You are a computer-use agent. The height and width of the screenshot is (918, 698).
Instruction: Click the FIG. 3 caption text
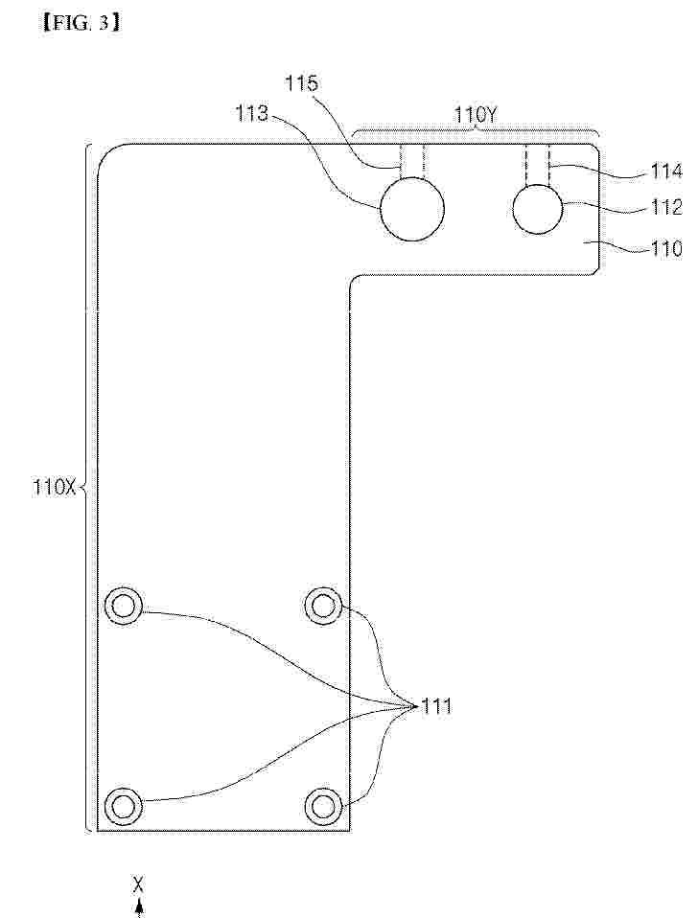[x=81, y=22]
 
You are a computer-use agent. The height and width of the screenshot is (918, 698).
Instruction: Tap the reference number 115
[x=301, y=83]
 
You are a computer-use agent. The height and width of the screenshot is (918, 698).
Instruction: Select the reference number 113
[x=252, y=114]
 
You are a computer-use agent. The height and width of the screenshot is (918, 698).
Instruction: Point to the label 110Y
[x=477, y=115]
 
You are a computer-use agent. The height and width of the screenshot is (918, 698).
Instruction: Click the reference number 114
[x=666, y=172]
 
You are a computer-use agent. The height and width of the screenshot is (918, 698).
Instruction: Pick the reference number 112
[x=666, y=207]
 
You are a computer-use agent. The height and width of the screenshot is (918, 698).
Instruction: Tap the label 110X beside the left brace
[x=55, y=487]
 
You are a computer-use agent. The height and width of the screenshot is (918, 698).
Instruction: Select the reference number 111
[x=437, y=706]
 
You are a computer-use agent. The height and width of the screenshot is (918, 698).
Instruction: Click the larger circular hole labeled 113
[x=412, y=209]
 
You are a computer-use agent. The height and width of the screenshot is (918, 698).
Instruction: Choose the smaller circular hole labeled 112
[x=538, y=209]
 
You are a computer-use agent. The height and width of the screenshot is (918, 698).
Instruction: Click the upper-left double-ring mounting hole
[x=123, y=606]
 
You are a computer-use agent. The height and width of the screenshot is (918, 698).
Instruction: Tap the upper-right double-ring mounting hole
[x=323, y=606]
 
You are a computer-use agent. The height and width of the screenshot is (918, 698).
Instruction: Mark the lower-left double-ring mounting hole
[x=123, y=807]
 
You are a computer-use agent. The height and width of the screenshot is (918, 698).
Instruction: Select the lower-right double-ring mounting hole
[x=323, y=807]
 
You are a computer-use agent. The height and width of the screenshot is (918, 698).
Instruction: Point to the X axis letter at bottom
[x=139, y=884]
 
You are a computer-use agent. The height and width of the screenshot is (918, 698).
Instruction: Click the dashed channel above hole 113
[x=412, y=161]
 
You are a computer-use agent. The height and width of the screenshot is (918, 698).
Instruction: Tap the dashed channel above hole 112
[x=538, y=165]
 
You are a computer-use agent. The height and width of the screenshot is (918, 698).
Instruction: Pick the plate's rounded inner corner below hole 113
[x=353, y=278]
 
